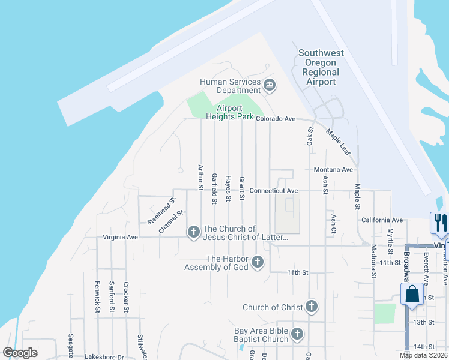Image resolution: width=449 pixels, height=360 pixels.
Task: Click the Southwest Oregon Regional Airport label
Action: click(321, 67)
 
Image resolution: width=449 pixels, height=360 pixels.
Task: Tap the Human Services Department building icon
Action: click(269, 86)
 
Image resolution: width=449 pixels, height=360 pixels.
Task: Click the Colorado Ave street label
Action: click(276, 119)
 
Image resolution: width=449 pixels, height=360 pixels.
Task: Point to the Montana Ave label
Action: click(333, 170)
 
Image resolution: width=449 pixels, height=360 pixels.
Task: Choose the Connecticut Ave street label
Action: click(274, 191)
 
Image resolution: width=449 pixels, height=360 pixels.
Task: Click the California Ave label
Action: click(382, 220)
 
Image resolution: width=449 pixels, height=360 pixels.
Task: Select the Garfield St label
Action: click(214, 189)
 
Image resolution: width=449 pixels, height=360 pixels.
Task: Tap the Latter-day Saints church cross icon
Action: click(193, 232)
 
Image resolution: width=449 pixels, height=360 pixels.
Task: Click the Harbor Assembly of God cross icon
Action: click(258, 262)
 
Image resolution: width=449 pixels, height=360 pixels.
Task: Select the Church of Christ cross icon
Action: click(311, 307)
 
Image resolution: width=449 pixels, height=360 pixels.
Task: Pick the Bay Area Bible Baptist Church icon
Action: click(297, 334)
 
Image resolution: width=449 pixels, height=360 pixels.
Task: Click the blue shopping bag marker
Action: click(412, 295)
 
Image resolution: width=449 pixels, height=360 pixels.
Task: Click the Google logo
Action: click(20, 353)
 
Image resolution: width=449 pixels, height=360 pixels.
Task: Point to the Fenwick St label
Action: click(97, 297)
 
